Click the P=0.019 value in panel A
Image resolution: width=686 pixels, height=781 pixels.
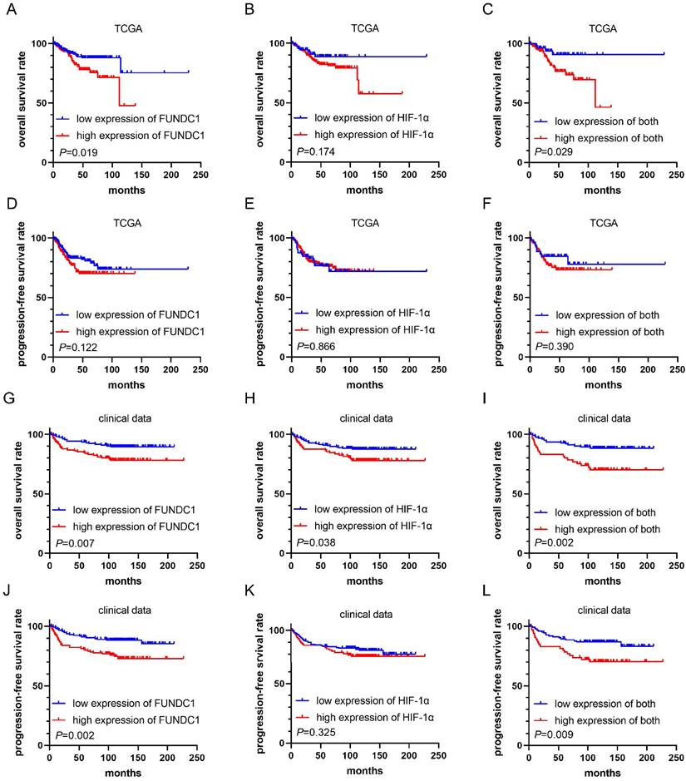[75, 151]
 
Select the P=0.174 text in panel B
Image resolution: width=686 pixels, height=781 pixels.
[313, 151]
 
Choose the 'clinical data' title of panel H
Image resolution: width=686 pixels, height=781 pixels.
[364, 418]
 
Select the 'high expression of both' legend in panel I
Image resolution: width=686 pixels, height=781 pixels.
[603, 527]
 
